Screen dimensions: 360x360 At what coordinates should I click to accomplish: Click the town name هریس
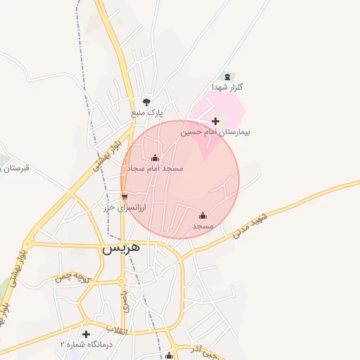tap(122, 248)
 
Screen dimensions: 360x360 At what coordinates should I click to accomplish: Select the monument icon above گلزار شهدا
tap(226, 77)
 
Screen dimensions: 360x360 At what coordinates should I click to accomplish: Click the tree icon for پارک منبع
tap(146, 101)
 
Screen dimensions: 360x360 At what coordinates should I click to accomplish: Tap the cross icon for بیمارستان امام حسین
tap(215, 122)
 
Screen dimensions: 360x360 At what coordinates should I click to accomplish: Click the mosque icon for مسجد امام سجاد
tap(155, 158)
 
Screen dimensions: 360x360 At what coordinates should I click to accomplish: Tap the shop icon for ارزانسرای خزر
tap(124, 196)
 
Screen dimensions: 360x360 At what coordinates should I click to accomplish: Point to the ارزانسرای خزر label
tap(124, 207)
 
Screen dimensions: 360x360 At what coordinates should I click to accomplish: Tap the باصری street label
tap(125, 301)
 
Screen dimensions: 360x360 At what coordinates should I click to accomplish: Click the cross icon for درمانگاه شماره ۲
tap(86, 334)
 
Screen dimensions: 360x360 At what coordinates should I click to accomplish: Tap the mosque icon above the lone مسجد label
tap(203, 215)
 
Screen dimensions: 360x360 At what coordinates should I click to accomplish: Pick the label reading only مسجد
tap(203, 226)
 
